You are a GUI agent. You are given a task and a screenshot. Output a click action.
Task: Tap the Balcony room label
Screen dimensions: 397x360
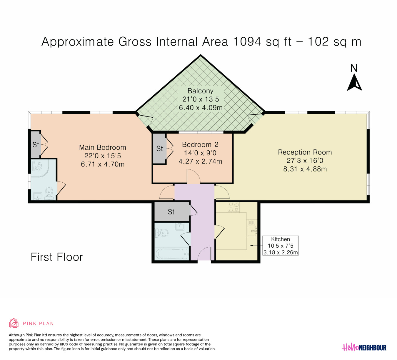tap(201, 91)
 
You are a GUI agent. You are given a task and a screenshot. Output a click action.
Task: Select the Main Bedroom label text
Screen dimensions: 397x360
tap(103, 147)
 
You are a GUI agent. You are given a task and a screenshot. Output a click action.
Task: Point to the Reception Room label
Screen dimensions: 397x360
tap(305, 152)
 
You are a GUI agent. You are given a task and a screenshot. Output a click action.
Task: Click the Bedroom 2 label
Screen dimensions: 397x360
tap(200, 144)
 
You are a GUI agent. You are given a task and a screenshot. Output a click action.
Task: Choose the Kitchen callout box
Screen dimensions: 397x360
tap(281, 246)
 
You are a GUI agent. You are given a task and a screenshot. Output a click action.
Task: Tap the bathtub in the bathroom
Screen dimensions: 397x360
tap(172, 254)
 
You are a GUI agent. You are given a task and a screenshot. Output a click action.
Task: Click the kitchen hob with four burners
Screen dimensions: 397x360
tap(233, 207)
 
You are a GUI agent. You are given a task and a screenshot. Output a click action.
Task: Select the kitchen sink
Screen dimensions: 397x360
tap(252, 230)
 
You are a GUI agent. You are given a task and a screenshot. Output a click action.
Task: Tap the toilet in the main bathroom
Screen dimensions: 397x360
tap(162, 232)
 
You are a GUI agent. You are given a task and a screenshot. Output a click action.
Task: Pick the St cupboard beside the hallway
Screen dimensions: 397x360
tap(172, 211)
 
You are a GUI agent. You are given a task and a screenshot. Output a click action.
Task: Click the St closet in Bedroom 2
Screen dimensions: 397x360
tap(159, 149)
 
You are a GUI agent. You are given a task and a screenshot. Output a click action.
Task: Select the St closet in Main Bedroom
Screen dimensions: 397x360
tap(36, 144)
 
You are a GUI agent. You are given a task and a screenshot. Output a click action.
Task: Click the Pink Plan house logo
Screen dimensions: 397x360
tap(14, 323)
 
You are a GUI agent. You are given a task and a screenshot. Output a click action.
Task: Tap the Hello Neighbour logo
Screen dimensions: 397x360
tap(364, 347)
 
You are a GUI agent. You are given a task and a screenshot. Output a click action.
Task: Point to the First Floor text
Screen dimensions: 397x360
tap(57, 257)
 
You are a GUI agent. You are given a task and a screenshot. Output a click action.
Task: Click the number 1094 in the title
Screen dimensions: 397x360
tap(247, 41)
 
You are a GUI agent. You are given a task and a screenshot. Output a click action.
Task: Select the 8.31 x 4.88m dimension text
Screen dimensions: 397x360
tap(305, 169)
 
